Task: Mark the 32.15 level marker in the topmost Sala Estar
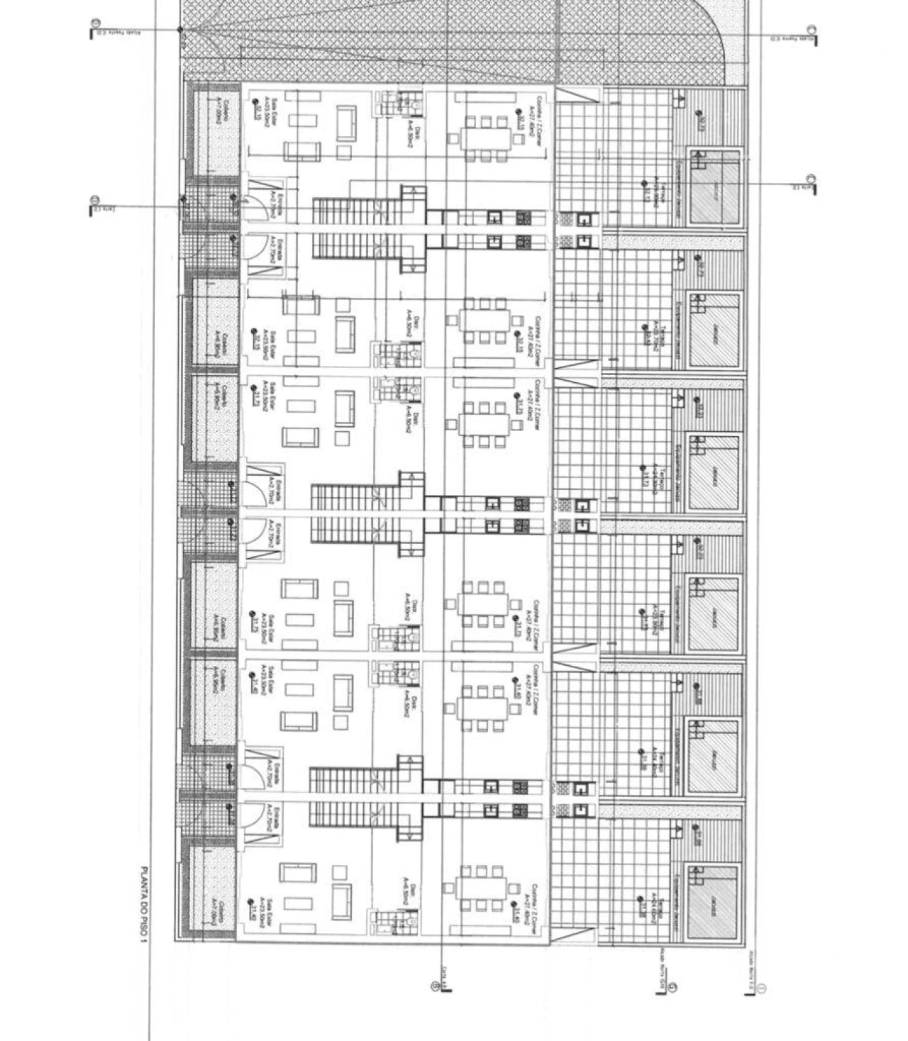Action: coord(256,110)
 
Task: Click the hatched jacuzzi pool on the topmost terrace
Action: coord(715,189)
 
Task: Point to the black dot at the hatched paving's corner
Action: coord(180,30)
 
